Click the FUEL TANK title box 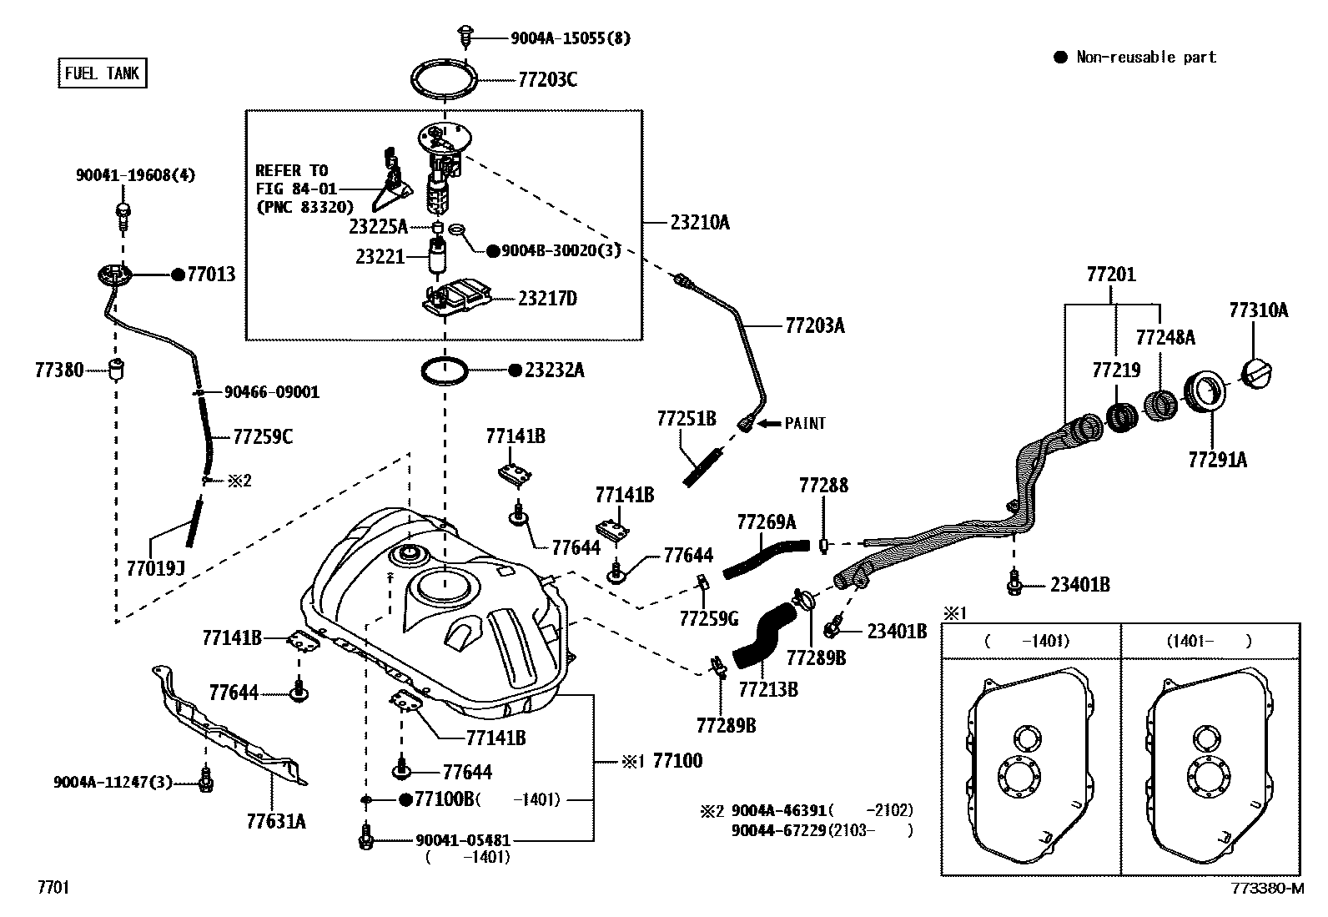click(x=102, y=73)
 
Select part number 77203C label click(x=547, y=80)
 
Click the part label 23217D click(x=547, y=299)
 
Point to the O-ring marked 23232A click(x=445, y=370)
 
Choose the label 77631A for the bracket click(x=276, y=822)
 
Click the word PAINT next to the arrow click(x=805, y=423)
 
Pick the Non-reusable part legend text click(x=1146, y=58)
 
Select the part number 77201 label click(x=1110, y=275)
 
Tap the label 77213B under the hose click(x=768, y=689)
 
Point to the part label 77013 click(x=211, y=275)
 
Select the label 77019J click(x=155, y=568)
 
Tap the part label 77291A click(x=1218, y=459)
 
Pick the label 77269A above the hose click(x=766, y=522)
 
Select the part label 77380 click(x=59, y=370)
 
